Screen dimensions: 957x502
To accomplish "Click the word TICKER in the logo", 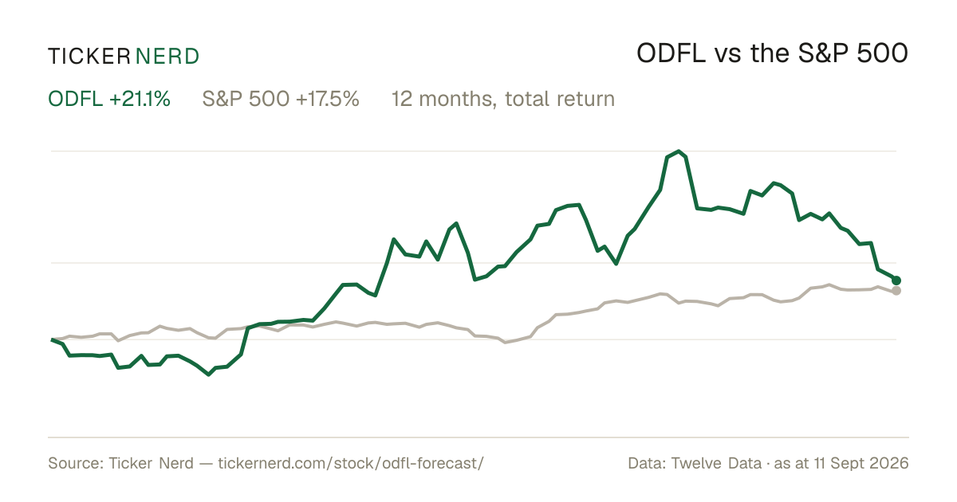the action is point(89,57).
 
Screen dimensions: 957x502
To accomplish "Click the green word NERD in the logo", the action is point(167,57).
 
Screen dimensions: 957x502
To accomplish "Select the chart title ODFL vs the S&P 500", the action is point(772,54).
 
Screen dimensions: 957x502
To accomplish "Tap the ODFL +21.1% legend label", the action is point(109,99).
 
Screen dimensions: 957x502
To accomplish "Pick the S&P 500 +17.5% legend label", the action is point(281,99).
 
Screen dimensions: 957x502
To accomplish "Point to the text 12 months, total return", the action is point(503,100).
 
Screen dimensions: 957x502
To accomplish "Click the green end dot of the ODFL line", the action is point(896,280).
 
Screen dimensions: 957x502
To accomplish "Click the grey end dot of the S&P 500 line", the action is point(896,291).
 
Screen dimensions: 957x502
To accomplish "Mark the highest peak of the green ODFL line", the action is point(679,151).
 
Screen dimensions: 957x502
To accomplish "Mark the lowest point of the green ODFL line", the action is point(208,375).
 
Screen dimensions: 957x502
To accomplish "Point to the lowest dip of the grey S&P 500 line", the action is point(506,343).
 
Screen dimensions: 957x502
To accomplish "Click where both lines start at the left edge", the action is point(52,339).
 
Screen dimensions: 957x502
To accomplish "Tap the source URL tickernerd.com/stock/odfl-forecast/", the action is point(351,463).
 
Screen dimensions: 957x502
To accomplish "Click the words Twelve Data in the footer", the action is point(716,463).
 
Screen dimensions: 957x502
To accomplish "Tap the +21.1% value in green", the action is point(140,99).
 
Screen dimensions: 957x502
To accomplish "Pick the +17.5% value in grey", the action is point(327,99).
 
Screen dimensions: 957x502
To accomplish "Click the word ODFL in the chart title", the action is point(671,54).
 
